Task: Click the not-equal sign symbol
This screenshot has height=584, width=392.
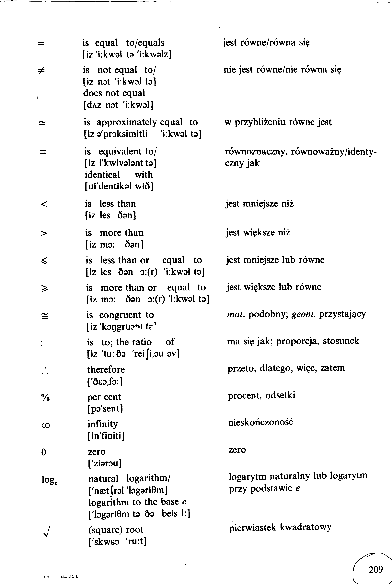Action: click(41, 71)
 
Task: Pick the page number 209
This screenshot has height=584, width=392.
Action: click(376, 569)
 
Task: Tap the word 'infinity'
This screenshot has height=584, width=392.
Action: click(102, 424)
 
